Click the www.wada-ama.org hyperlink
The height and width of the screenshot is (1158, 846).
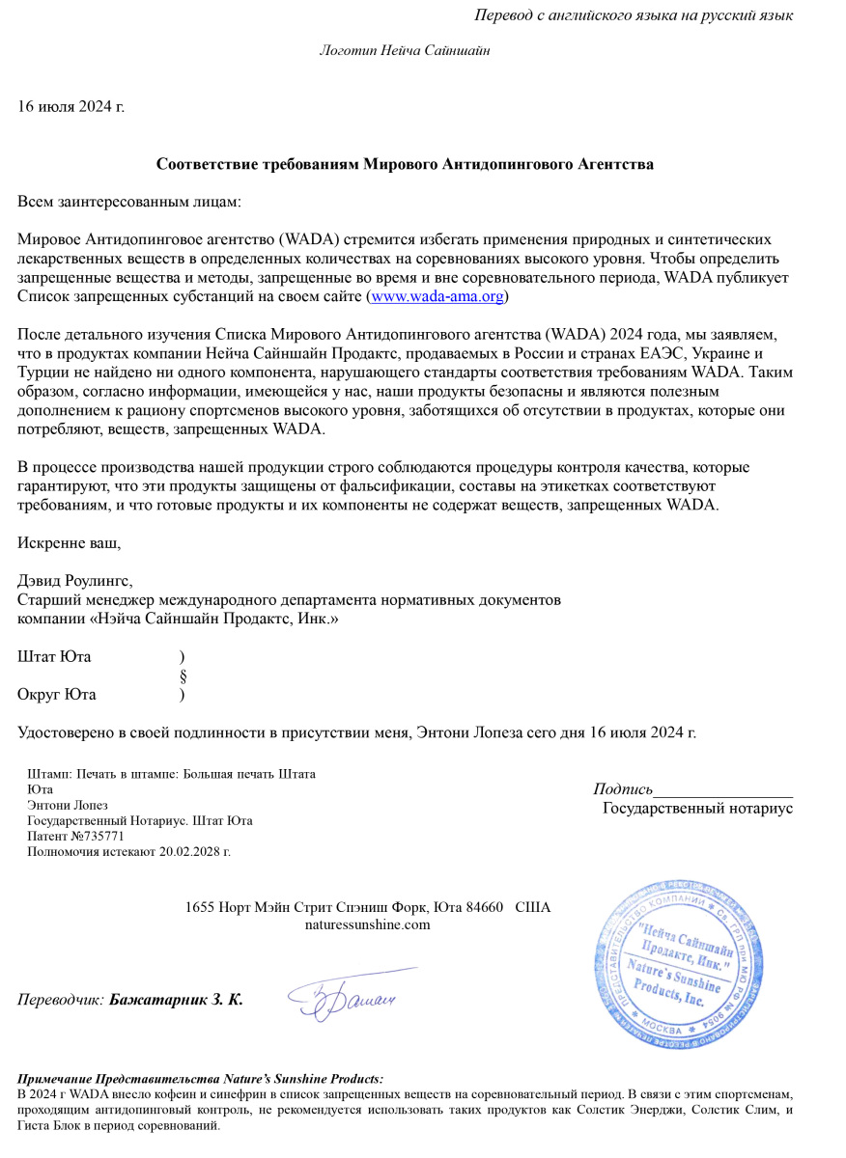[437, 296]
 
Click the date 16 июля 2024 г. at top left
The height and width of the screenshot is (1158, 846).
[71, 105]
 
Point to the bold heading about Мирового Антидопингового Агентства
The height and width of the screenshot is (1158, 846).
[405, 164]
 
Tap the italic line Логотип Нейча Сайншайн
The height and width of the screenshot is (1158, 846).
[405, 50]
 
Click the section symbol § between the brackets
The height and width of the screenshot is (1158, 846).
[183, 675]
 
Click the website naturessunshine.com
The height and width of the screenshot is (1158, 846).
[367, 924]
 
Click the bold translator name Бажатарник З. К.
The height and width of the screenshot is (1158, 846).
[176, 999]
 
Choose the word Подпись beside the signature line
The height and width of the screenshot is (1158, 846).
[623, 789]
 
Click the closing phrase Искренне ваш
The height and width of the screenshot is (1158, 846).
[70, 542]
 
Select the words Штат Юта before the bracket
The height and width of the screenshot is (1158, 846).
[55, 657]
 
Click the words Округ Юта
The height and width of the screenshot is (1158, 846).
[57, 694]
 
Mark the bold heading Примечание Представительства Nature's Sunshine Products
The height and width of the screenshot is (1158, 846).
[201, 1079]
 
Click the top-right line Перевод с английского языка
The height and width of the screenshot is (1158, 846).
[634, 14]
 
